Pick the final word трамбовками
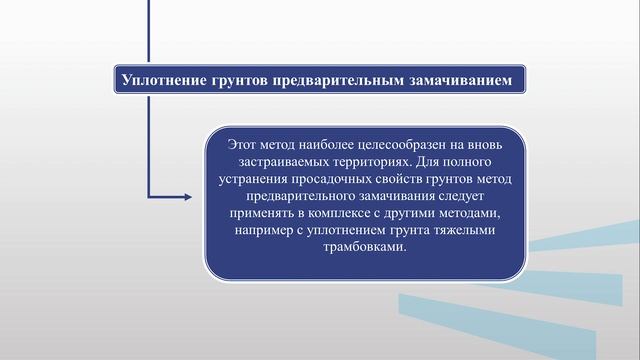point(366,247)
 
